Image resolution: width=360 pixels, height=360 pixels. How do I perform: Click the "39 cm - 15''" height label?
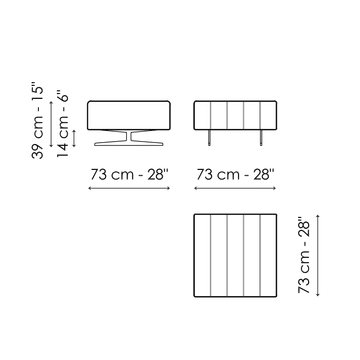[x=38, y=122]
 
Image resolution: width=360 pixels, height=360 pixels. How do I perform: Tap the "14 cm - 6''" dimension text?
[x=63, y=124]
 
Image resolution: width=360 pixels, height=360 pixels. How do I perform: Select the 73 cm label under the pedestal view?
[x=129, y=174]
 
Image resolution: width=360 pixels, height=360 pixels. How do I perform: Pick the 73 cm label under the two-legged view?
[x=235, y=174]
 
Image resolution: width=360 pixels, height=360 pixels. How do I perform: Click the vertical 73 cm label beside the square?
[x=304, y=256]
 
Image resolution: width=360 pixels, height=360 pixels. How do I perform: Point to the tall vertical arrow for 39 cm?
[x=51, y=124]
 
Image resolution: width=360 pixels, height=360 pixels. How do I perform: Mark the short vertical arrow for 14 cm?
[x=74, y=138]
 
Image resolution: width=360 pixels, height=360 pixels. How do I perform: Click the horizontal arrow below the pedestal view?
[x=129, y=188]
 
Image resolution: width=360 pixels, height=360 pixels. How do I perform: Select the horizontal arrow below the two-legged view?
[x=235, y=188]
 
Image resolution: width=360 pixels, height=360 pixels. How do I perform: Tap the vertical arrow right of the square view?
[x=318, y=255]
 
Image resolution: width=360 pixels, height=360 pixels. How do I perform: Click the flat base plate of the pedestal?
[x=129, y=144]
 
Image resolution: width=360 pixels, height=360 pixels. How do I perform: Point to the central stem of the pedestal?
[x=129, y=136]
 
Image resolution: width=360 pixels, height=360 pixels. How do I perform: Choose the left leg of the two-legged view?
[x=210, y=138]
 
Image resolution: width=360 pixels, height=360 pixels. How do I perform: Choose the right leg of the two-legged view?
[x=261, y=138]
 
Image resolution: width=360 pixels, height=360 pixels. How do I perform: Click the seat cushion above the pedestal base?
[x=129, y=115]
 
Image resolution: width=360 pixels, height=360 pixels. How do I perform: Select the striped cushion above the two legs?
[x=235, y=115]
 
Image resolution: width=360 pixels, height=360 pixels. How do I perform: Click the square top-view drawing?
[x=235, y=255]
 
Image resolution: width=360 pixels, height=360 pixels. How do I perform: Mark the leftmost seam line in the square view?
[x=210, y=255]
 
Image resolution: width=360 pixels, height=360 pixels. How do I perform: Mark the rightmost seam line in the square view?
[x=260, y=255]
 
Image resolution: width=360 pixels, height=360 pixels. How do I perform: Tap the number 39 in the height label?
[x=38, y=151]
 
